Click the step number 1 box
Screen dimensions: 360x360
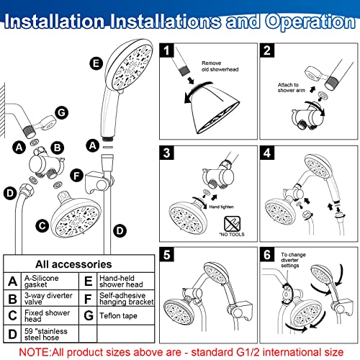[x=167, y=51]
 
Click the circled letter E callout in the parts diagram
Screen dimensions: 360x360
[x=96, y=63]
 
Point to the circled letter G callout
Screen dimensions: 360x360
[x=61, y=112]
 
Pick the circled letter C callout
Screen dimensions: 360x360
[x=42, y=225]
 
